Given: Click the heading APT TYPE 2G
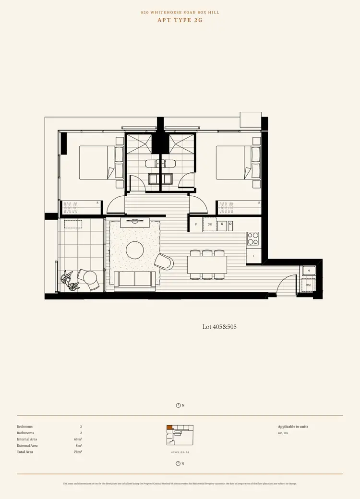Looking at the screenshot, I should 180,20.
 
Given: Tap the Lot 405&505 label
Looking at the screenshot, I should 219,327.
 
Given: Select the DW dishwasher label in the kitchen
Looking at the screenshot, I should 210,224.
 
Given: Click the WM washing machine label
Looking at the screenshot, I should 308,285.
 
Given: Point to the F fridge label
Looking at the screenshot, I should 253,256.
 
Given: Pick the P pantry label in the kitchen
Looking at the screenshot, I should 196,224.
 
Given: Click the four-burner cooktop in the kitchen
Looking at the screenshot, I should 252,238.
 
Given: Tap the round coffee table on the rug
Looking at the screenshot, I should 134,250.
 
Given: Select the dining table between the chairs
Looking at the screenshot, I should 207,264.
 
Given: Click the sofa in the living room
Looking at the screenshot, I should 134,280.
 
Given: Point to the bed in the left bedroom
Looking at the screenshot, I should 101,163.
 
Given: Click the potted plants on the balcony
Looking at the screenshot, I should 69,280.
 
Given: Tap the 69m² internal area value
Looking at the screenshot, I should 78,439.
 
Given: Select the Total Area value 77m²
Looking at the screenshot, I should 78,452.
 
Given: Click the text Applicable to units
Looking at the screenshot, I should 293,427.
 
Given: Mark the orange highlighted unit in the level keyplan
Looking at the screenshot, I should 169,427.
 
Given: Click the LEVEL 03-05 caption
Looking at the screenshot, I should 180,452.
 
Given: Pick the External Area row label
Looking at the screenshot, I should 27,445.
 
